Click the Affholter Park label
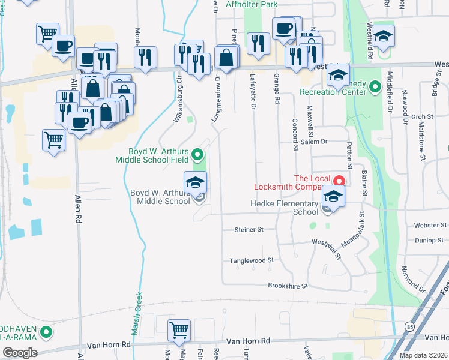pyautogui.click(x=252, y=4)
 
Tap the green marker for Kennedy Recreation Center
pyautogui.click(x=375, y=87)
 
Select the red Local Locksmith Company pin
pyautogui.click(x=339, y=180)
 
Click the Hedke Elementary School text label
pyautogui.click(x=285, y=208)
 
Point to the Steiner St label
pyautogui.click(x=249, y=229)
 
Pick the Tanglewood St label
pyautogui.click(x=251, y=260)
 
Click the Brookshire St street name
pyautogui.click(x=288, y=286)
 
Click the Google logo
pyautogui.click(x=20, y=353)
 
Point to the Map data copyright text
pyautogui.click(x=424, y=355)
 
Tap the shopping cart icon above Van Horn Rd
pyautogui.click(x=179, y=329)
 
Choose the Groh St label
pyautogui.click(x=422, y=117)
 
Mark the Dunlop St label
pyautogui.click(x=428, y=240)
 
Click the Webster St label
pyautogui.click(x=430, y=225)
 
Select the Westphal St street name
pyautogui.click(x=326, y=250)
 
